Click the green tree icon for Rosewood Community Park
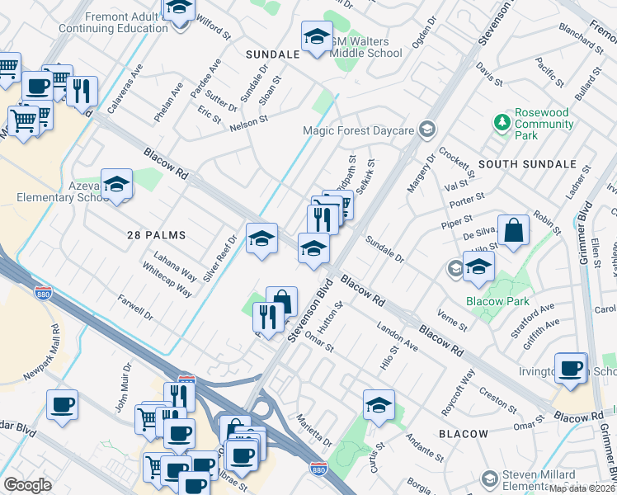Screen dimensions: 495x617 pyautogui.click(x=502, y=123)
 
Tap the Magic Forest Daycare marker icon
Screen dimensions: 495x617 pyautogui.click(x=426, y=130)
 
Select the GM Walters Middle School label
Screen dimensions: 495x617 pyautogui.click(x=365, y=47)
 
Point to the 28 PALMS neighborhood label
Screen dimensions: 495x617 pyautogui.click(x=156, y=235)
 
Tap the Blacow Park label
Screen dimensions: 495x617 pyautogui.click(x=497, y=301)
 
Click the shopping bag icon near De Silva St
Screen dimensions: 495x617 pyautogui.click(x=513, y=232)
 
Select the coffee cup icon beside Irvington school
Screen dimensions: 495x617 pyautogui.click(x=570, y=368)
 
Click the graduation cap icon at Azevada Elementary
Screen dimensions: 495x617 pyautogui.click(x=117, y=185)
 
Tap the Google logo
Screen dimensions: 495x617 pyautogui.click(x=27, y=485)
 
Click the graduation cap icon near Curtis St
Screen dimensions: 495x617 pyautogui.click(x=379, y=405)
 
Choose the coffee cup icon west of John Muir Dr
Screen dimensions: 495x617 pyautogui.click(x=63, y=405)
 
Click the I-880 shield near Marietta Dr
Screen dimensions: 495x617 pyautogui.click(x=318, y=468)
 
